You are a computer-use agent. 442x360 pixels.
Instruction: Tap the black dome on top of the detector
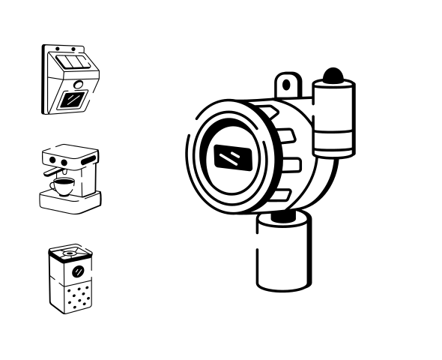tap(332, 75)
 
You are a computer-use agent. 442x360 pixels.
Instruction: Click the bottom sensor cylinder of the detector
tap(282, 255)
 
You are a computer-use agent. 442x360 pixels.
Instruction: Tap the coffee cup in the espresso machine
tap(62, 187)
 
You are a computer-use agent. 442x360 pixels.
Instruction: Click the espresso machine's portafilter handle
tap(62, 172)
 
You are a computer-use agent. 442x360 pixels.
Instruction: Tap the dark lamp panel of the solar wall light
tap(73, 98)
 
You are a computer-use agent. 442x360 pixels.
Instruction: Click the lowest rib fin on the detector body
tap(278, 196)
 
